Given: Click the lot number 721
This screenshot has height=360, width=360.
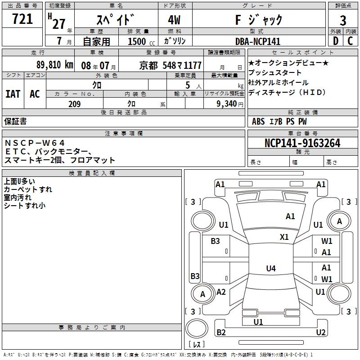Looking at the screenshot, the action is tap(22, 19).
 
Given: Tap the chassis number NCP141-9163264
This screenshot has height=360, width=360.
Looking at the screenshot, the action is tap(302, 144).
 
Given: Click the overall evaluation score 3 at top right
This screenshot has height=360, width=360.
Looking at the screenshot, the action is tap(343, 21).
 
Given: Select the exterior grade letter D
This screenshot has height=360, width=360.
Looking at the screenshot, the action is tap(335, 41).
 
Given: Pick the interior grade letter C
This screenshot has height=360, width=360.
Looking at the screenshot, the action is tap(350, 41).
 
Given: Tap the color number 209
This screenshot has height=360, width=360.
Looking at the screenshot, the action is tap(74, 104).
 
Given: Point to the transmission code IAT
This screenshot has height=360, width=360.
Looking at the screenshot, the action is tap(13, 94).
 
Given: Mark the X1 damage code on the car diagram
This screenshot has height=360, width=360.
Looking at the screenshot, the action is tap(284, 237).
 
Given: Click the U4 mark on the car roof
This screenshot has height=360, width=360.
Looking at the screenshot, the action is tap(270, 269).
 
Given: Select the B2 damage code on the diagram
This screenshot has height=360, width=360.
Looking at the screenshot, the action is tap(221, 333).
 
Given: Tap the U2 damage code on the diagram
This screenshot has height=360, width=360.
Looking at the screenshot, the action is tap(320, 333).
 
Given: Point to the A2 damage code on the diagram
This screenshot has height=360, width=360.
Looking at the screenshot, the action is tap(221, 292).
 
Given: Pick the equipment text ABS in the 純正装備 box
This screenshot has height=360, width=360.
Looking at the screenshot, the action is tap(258, 121).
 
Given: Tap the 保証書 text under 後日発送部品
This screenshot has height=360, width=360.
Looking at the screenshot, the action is tap(15, 121).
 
